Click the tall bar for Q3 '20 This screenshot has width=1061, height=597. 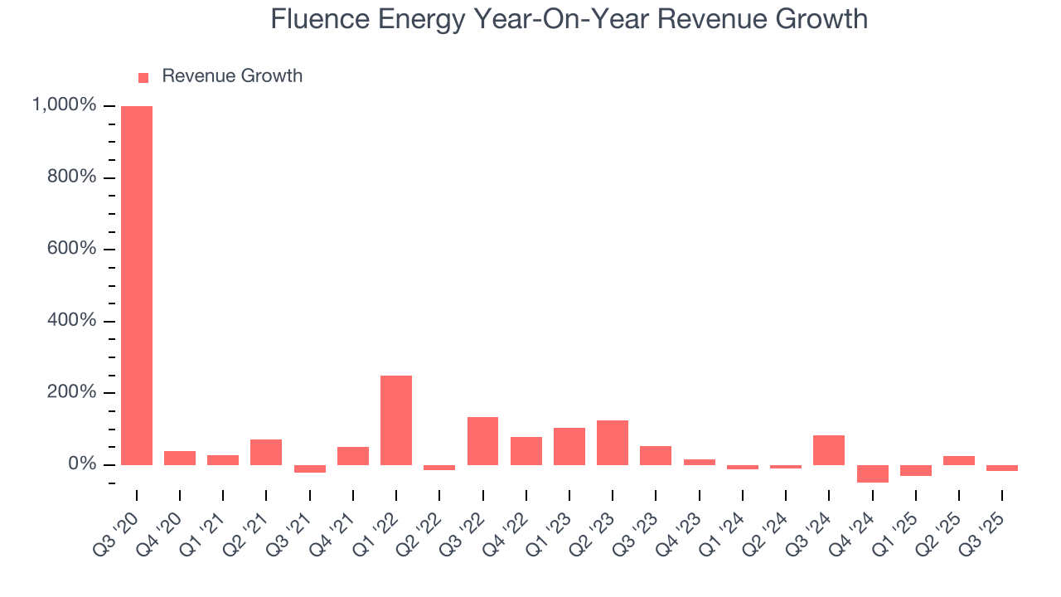click(137, 285)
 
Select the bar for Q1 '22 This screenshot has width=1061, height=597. click(396, 420)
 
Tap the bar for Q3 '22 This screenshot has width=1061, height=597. click(482, 440)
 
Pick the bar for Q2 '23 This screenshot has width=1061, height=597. click(613, 442)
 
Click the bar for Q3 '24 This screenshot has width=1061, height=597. click(829, 449)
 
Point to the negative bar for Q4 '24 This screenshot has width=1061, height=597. click(872, 473)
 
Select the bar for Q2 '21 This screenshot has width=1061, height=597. click(266, 452)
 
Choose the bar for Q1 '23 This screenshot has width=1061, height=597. click(569, 446)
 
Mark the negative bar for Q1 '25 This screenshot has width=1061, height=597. click(915, 470)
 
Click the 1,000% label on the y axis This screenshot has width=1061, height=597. click(64, 105)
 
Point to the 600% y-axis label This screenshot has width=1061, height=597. click(72, 249)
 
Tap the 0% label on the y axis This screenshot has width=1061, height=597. click(81, 464)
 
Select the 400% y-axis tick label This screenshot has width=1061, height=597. click(72, 321)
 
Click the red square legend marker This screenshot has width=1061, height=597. click(143, 77)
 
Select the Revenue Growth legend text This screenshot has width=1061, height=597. click(232, 76)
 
